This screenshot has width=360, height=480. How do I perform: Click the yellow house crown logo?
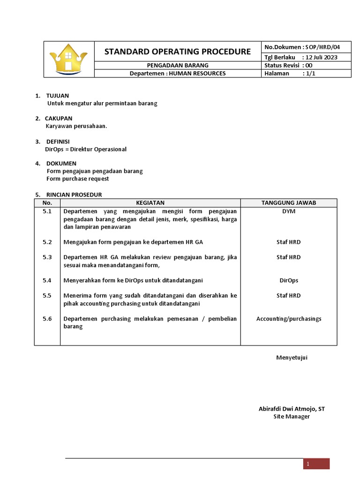coord(69,59)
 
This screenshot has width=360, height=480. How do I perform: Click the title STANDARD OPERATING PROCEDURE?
coord(178,51)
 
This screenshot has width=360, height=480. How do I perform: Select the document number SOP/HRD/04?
coord(322,47)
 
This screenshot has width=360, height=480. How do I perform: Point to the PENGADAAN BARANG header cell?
coord(178,66)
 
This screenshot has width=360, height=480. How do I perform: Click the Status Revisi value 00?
coord(308,66)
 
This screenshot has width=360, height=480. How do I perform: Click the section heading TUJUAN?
coord(57,96)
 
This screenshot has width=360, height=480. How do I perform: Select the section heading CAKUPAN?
coord(59,119)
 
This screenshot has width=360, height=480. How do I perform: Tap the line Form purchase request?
coord(77,179)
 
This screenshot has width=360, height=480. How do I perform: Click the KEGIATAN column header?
coord(150,202)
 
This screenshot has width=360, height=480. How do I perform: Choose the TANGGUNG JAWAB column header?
coord(288,202)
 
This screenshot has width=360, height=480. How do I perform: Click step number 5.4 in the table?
coord(47,280)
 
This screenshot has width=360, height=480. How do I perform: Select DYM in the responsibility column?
coord(289,211)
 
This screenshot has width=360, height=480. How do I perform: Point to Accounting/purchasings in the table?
coord(289,319)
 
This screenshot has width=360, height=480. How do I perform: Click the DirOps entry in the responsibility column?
coord(289,280)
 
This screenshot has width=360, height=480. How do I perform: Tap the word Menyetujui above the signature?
coord(292,358)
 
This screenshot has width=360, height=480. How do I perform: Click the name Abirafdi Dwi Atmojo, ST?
coord(292,409)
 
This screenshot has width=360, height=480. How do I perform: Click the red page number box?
coord(316,464)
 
